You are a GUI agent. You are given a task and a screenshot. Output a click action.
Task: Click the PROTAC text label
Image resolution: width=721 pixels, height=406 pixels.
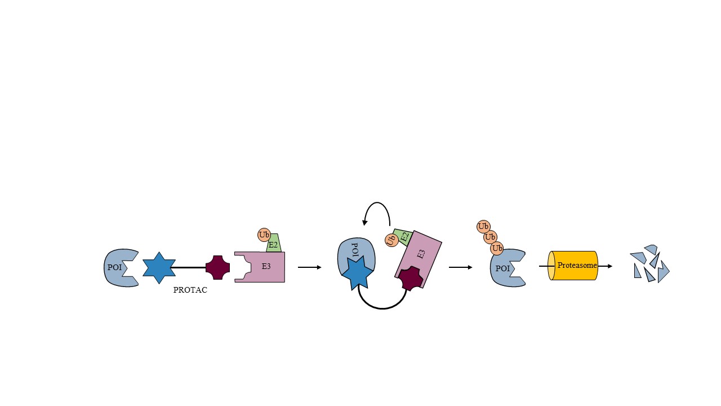coord(190,290)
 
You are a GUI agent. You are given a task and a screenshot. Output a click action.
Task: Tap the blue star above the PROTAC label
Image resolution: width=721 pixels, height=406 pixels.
coord(159,268)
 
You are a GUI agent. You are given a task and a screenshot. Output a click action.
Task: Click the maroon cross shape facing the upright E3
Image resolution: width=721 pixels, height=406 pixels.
coord(217,267)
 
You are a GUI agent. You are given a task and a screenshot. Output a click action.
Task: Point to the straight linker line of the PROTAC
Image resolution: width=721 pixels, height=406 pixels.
coord(188,267)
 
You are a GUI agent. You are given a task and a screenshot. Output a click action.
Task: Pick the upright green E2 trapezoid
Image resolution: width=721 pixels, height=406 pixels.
coord(274,243)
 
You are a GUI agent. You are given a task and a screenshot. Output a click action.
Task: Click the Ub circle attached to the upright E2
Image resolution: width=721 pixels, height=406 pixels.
coord(264,235)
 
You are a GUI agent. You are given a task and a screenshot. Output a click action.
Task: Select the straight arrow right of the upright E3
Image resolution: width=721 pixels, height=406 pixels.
coord(310,267)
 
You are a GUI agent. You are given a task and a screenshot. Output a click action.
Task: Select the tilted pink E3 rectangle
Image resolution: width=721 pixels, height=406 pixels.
coord(419,259)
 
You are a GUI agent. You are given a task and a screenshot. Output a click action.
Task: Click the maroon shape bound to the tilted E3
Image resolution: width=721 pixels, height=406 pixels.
coord(411,279)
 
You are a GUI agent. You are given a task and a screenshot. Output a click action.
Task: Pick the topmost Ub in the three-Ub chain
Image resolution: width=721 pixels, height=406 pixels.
coord(483,227)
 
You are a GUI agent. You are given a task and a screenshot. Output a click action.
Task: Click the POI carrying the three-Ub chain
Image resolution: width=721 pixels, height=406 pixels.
coord(508,268)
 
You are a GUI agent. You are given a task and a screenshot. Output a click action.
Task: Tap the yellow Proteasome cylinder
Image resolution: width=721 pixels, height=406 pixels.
coord(573,266)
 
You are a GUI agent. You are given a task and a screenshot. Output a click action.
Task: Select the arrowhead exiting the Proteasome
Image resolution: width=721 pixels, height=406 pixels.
coord(609,266)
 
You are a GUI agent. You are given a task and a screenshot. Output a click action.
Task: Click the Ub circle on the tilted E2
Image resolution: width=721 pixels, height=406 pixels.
coord(391,240)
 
